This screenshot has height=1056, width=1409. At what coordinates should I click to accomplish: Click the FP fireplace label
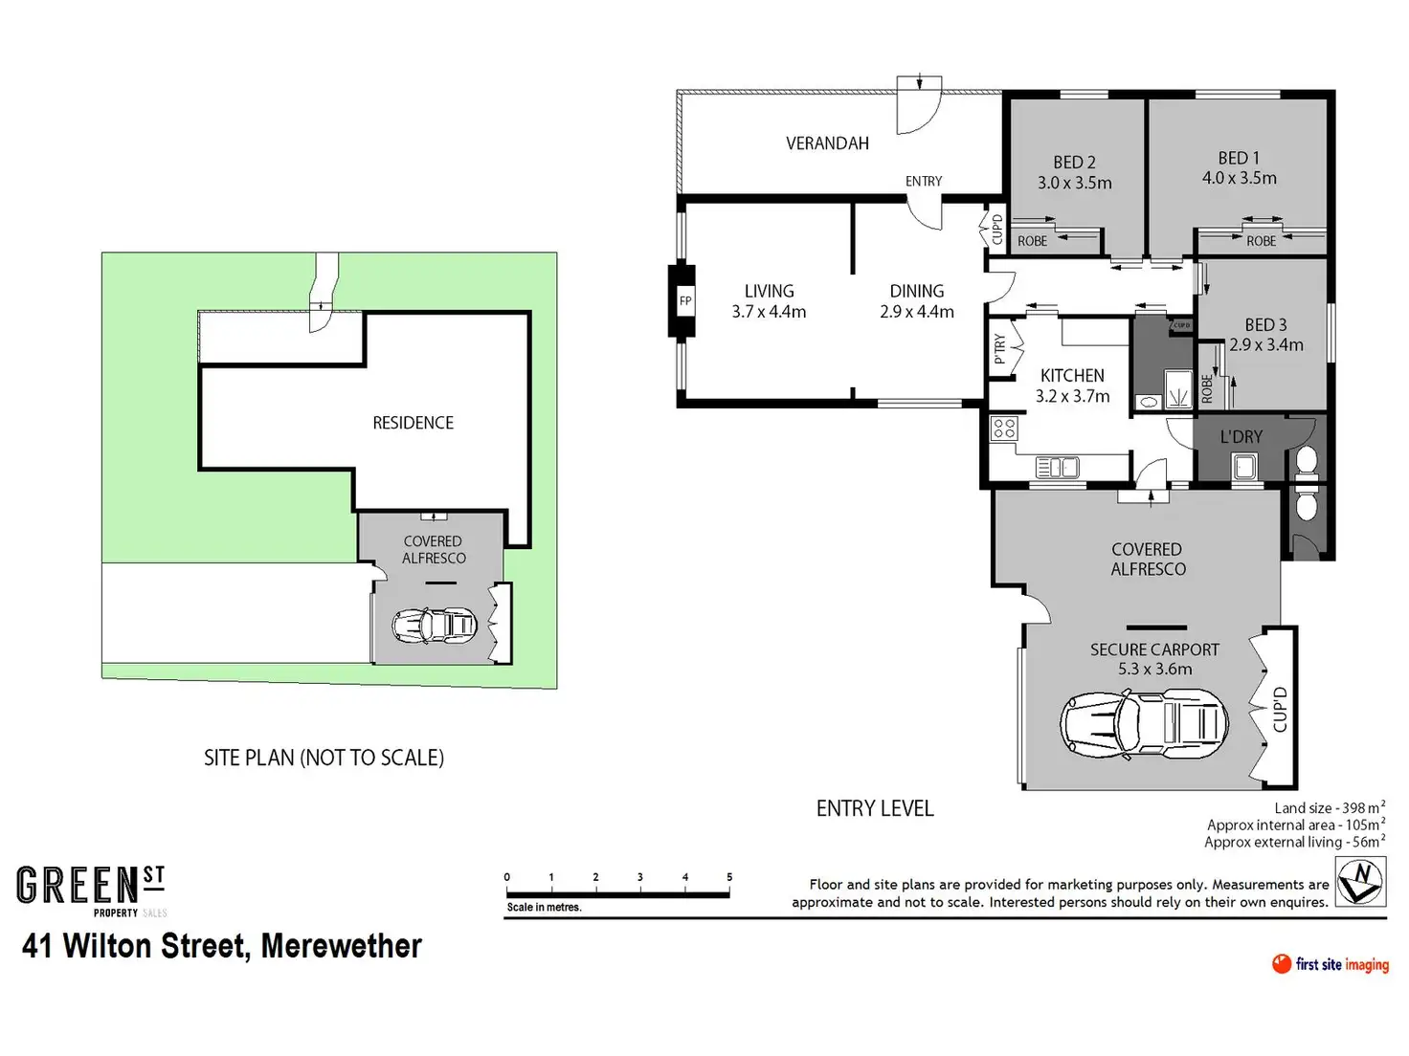(685, 300)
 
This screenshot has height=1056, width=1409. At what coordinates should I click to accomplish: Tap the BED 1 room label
(1239, 158)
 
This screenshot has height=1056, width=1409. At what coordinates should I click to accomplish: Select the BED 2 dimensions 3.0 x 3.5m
(1074, 183)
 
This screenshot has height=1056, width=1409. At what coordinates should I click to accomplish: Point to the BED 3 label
(1265, 325)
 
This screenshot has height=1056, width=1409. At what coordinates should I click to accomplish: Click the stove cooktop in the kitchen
(1003, 429)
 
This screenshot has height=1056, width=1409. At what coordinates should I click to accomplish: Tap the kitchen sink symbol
(1057, 467)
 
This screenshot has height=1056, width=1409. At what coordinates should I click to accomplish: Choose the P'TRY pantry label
(999, 349)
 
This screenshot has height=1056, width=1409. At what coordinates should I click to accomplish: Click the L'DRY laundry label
(1241, 437)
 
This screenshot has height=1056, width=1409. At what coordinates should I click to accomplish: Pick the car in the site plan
(435, 626)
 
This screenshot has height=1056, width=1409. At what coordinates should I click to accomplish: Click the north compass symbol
(1360, 881)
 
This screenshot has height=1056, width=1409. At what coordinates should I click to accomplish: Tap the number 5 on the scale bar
(728, 876)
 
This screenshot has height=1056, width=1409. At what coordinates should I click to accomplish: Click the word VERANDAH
(827, 143)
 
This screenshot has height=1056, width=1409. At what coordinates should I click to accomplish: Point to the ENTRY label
(923, 182)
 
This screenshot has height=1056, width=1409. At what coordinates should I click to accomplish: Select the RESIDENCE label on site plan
(413, 423)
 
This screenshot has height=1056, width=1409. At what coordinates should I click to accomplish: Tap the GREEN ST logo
(91, 891)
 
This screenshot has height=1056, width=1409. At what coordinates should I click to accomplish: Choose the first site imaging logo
(1331, 964)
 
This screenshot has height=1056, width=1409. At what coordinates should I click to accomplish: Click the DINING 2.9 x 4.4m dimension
(917, 312)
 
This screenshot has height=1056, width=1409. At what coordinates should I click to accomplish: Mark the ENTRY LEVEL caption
(874, 808)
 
